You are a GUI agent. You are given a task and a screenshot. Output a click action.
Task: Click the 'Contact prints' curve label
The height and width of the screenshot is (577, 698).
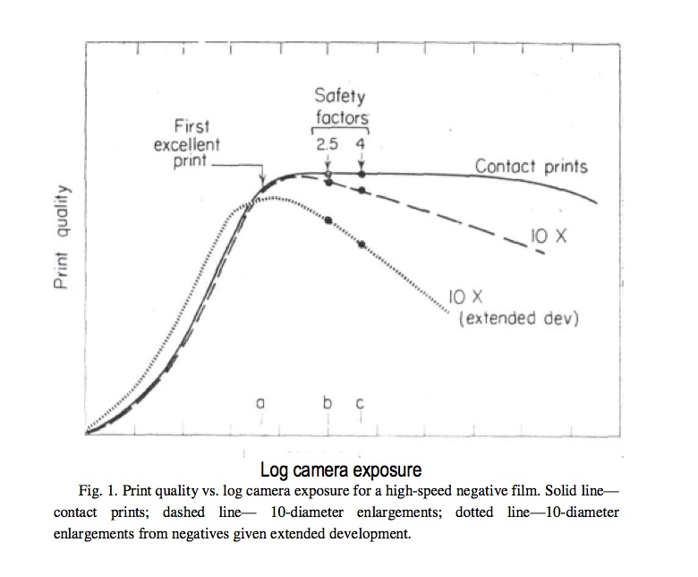(x=531, y=166)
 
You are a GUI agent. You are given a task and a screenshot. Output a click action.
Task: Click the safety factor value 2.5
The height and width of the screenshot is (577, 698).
(x=328, y=142)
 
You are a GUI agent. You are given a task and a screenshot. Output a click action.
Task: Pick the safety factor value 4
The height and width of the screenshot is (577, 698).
(x=361, y=142)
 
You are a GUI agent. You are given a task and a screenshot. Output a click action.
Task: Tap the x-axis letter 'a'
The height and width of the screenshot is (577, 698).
(x=260, y=404)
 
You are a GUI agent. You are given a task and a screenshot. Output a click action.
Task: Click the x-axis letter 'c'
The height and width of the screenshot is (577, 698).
(x=361, y=404)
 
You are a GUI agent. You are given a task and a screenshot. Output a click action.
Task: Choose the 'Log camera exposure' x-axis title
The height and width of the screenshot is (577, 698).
(x=340, y=469)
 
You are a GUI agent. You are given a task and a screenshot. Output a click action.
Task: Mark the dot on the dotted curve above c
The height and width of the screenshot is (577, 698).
(x=362, y=244)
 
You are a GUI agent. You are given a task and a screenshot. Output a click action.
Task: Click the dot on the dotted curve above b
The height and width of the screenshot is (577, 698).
(x=328, y=220)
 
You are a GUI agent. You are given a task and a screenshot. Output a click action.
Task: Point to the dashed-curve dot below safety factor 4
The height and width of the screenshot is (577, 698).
(x=362, y=190)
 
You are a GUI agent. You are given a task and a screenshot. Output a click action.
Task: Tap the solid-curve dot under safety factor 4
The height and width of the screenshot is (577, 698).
(x=362, y=174)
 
